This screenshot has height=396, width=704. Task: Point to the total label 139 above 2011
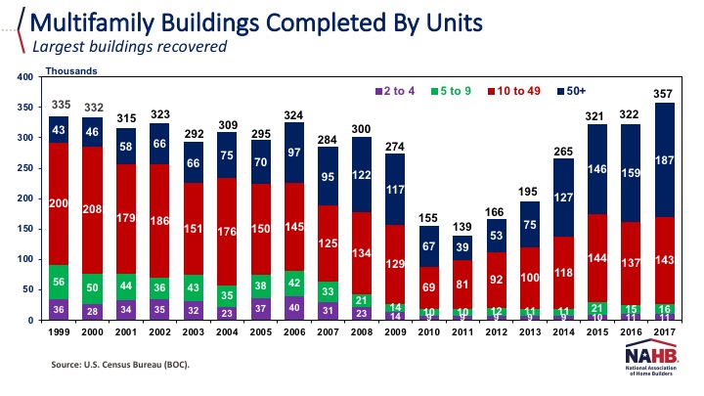tap(461, 226)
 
